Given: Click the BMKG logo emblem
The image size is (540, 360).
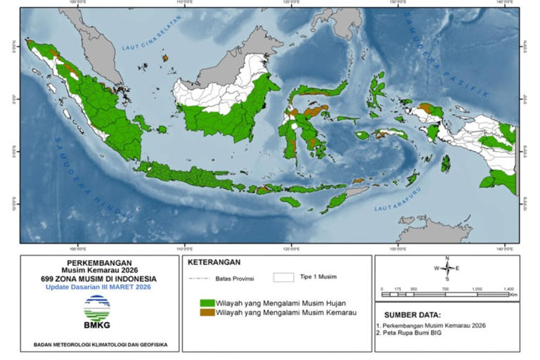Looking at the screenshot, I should click(96, 307).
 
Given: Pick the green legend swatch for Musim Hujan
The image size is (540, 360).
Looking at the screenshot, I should click(207, 302).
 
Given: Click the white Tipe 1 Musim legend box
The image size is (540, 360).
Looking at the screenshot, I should click(283, 277).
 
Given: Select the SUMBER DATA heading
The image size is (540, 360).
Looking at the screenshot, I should click(413, 314).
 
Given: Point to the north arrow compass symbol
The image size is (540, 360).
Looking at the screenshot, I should click(446, 269).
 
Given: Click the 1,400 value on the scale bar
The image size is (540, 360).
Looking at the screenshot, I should click(509, 289).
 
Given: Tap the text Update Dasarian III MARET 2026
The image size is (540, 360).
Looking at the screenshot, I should click(98, 286).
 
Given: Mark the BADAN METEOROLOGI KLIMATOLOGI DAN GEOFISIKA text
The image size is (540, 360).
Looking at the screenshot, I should click(98, 345).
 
